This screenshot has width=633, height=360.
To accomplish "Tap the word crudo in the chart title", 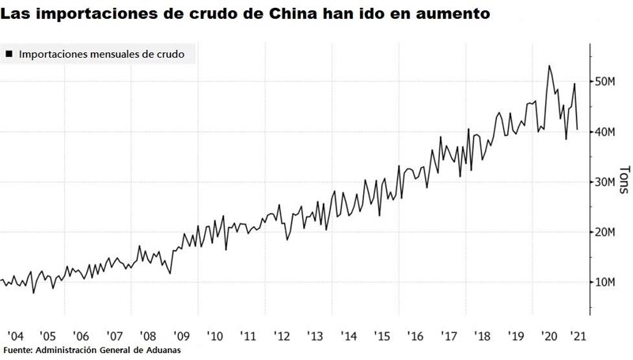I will tap(226, 13).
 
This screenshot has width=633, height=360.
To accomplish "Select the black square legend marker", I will tap(9, 55).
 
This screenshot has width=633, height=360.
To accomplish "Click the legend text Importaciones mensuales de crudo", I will tap(101, 55).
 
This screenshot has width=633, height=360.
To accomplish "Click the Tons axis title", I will tap(623, 180).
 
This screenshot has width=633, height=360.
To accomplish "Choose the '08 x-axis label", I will tap(147, 336).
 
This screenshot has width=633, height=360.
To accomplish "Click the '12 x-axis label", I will tap(282, 336).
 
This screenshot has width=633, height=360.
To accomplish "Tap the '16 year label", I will tap(416, 336).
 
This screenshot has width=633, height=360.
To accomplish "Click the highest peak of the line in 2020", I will tap(550, 66).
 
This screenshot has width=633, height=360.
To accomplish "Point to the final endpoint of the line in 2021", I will tap(578, 129).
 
